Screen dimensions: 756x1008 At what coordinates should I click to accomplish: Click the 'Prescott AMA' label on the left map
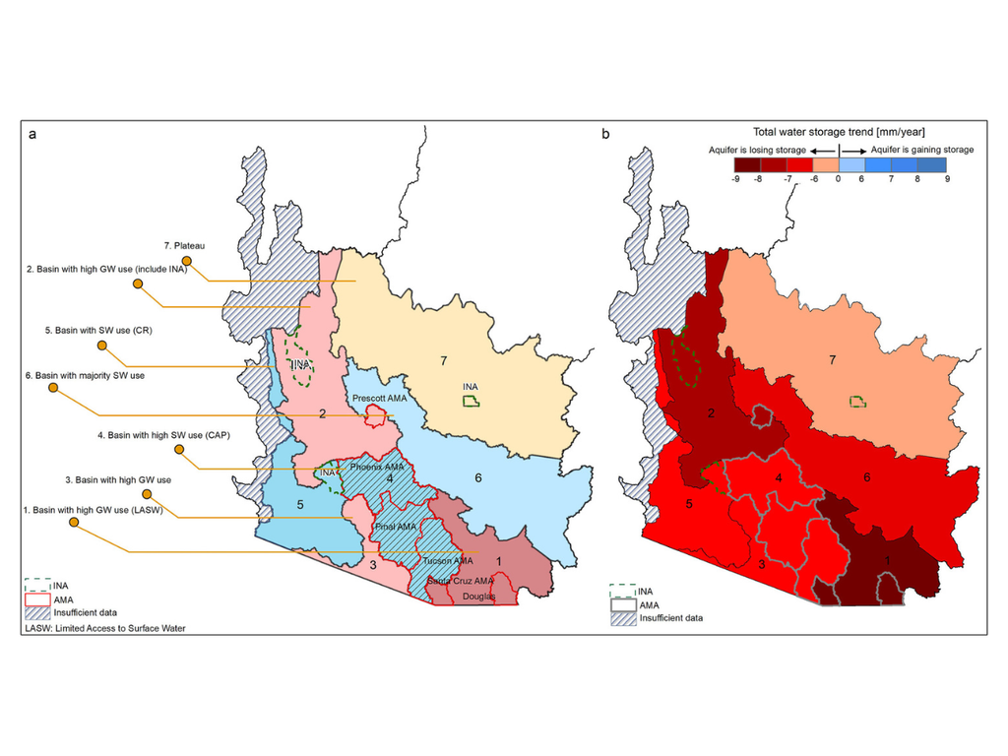(x=379, y=398)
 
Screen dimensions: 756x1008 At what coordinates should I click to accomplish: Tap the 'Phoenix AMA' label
(x=377, y=467)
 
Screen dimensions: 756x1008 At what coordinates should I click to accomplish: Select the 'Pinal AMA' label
(x=396, y=528)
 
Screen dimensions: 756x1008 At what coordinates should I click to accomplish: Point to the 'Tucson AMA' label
(x=448, y=560)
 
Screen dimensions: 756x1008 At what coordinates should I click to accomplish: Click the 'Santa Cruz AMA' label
(x=460, y=581)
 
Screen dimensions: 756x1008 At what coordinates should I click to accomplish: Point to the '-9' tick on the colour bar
(x=735, y=180)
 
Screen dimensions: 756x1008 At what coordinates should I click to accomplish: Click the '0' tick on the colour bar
(x=838, y=180)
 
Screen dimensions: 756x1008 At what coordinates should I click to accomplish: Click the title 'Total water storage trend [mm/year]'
(x=839, y=131)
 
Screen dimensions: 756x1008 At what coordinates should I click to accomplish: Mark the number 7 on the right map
(x=833, y=360)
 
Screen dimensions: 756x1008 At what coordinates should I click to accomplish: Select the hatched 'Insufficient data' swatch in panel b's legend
(x=622, y=618)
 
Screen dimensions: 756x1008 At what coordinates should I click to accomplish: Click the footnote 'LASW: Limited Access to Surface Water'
(x=105, y=628)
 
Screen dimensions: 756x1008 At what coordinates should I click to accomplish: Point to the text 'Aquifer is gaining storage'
(x=922, y=150)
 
